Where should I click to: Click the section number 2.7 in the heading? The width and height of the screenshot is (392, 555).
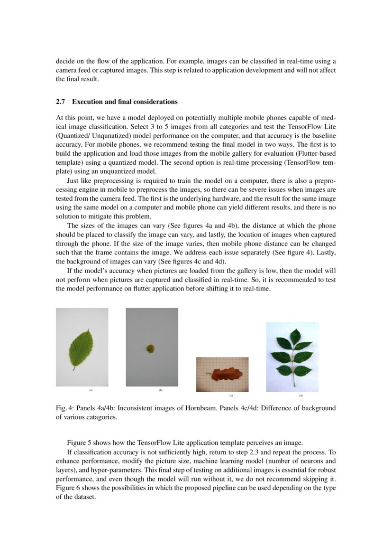pos(60,102)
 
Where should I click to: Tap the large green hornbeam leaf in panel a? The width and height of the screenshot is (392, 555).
pos(82,347)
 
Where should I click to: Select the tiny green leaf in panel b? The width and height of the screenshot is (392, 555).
pos(150,349)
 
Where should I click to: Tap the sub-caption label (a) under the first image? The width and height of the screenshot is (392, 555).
pos(91,390)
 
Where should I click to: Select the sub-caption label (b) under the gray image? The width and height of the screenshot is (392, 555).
pos(161,390)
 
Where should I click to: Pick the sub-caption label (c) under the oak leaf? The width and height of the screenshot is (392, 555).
pos(231,395)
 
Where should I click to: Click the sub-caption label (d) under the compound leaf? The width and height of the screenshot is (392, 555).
pos(301,395)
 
